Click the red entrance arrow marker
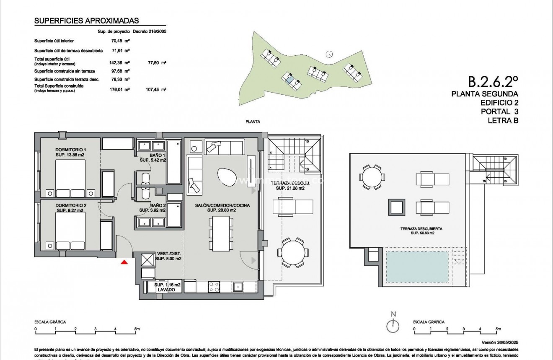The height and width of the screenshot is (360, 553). coord(124,262)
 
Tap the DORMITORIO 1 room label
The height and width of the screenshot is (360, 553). coord(71,150)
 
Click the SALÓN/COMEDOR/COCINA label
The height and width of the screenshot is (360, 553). coord(222,205)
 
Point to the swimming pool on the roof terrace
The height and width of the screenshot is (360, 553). coord(416,267)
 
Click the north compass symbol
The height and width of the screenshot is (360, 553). coord(393,324)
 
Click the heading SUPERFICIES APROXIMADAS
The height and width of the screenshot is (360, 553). coord(86,21)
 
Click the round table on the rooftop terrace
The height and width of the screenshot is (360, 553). coord(371,177)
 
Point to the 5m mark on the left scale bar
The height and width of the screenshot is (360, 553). coord(137,329)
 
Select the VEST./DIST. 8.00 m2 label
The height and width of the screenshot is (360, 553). coord(168,256)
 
